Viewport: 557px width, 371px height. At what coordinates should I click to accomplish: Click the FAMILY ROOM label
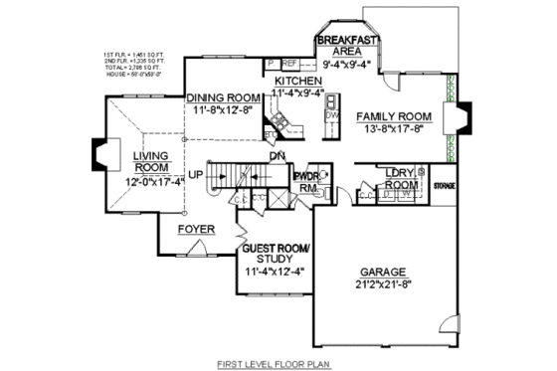pos(393,116)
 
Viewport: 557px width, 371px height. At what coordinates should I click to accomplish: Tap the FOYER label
pos(196,229)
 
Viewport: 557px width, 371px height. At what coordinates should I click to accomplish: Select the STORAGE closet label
pos(444,186)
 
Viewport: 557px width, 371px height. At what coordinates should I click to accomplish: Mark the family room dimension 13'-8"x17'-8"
pos(393,129)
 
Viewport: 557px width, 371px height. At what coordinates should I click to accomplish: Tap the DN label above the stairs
pos(278,156)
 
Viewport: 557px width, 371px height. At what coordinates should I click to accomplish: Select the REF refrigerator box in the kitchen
pos(291,63)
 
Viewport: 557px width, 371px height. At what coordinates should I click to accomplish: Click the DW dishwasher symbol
pos(331,116)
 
